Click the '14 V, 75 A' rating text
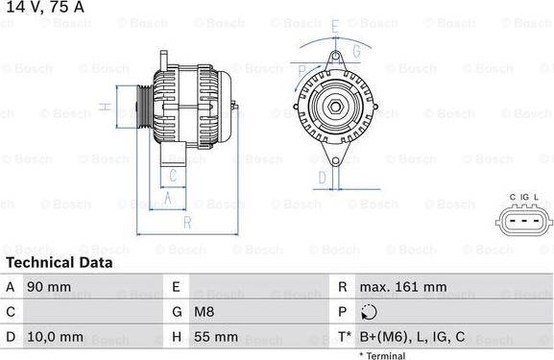[x=43, y=9]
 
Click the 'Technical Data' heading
[x=59, y=262]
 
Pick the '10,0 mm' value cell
[x=56, y=338]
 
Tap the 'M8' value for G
[x=205, y=313]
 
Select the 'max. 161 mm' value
[x=402, y=287]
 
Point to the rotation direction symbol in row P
[x=369, y=313]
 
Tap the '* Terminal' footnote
[x=382, y=356]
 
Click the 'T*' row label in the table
[x=343, y=338]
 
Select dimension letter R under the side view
[x=187, y=223]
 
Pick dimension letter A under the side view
[x=168, y=198]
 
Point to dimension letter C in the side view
[x=172, y=175]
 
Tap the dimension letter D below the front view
[x=323, y=177]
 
